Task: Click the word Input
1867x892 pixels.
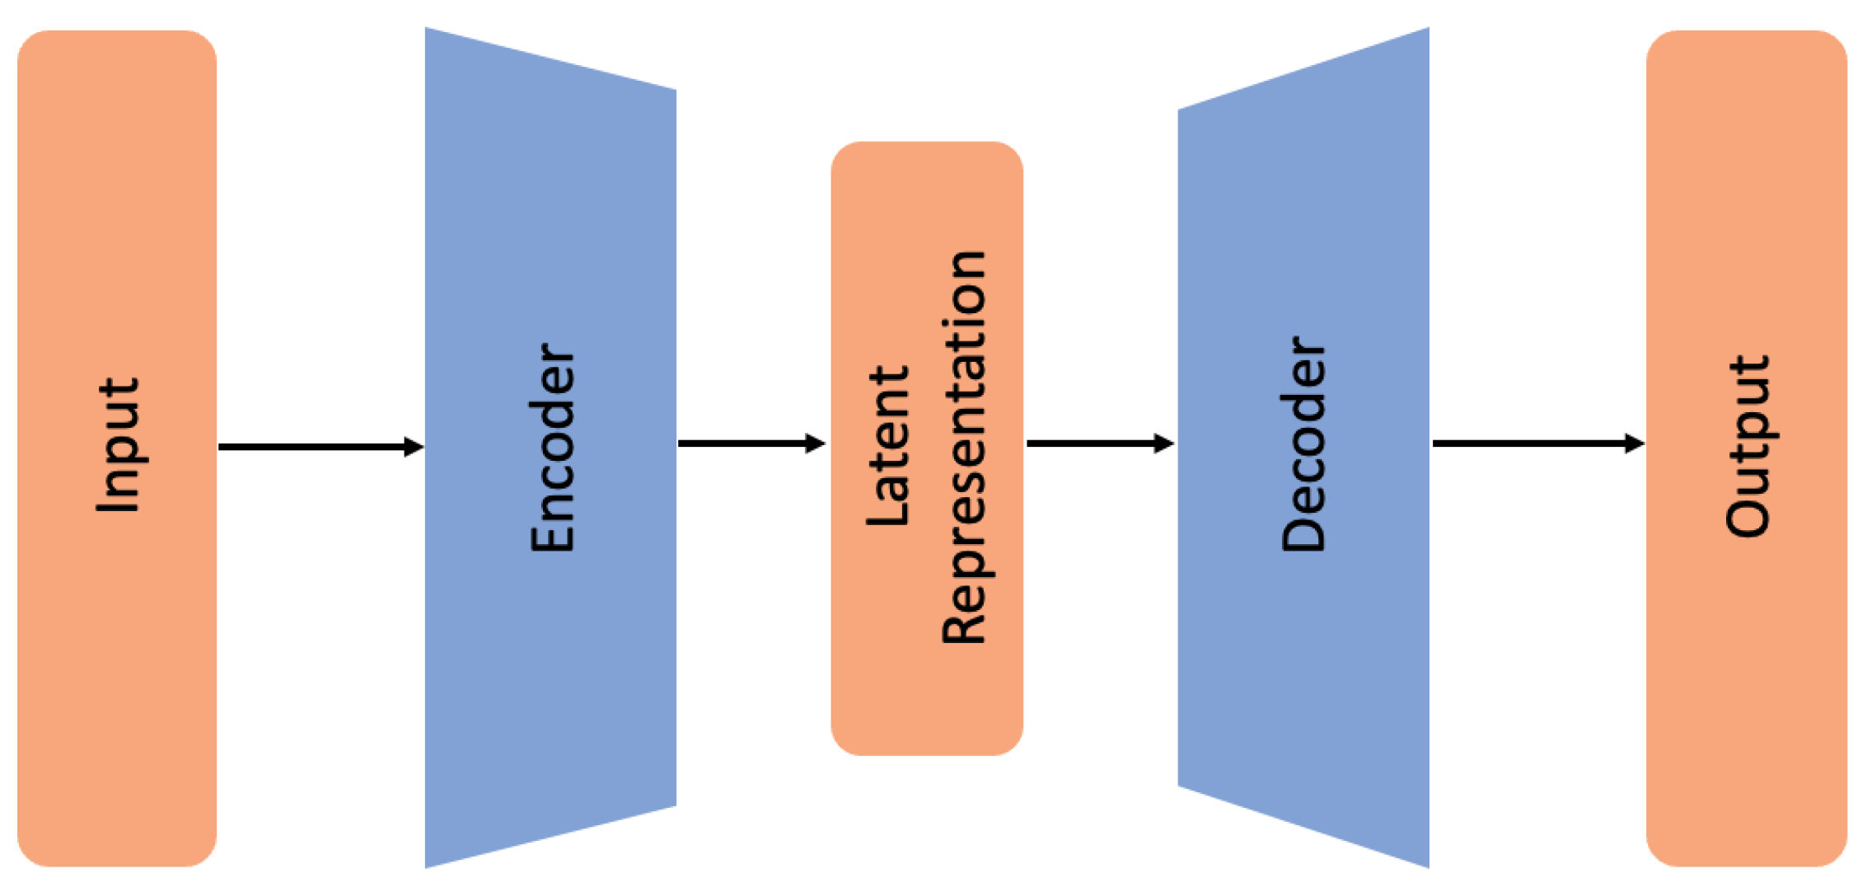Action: (x=118, y=445)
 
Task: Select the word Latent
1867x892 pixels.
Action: (x=889, y=446)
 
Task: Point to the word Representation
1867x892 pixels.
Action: (x=964, y=448)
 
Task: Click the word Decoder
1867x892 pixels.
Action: (x=1303, y=444)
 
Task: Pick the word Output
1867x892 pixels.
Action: (x=1748, y=446)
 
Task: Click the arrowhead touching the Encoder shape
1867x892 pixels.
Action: (x=414, y=447)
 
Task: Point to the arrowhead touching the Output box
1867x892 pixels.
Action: (x=1635, y=444)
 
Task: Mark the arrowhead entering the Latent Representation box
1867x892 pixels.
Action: (x=816, y=444)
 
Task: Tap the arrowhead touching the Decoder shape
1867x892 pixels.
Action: (x=1164, y=444)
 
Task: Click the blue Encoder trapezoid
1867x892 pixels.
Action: (x=550, y=660)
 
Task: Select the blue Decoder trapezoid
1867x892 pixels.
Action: (x=1303, y=660)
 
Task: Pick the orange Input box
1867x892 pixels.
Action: (x=117, y=701)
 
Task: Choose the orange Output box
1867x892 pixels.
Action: (x=1747, y=701)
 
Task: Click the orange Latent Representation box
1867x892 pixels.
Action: (x=927, y=701)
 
